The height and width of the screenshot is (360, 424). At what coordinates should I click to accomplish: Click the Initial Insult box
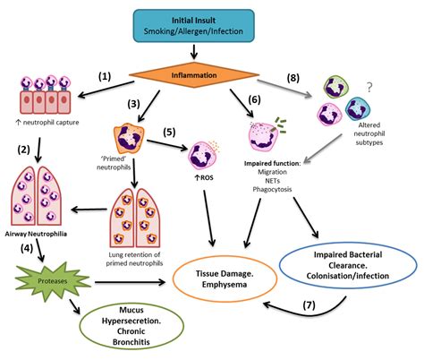212,24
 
